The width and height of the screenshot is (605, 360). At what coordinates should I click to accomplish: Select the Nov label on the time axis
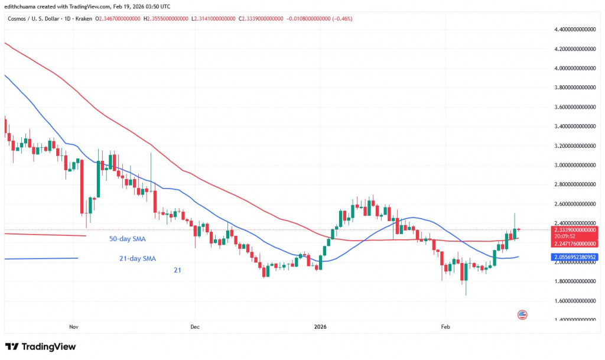coord(74,326)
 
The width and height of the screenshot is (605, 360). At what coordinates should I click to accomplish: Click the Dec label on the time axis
coord(194,326)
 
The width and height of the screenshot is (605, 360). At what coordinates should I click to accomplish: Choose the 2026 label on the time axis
coord(320,326)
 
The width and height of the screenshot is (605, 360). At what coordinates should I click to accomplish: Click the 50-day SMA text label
coord(127,239)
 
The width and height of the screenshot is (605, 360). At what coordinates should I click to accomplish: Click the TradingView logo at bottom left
coord(40,346)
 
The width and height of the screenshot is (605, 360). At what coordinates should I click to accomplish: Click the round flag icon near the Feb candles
coord(522,314)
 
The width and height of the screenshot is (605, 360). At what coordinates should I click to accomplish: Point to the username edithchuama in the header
coord(24,7)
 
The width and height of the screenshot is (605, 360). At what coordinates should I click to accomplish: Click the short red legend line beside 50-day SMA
coord(44,235)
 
